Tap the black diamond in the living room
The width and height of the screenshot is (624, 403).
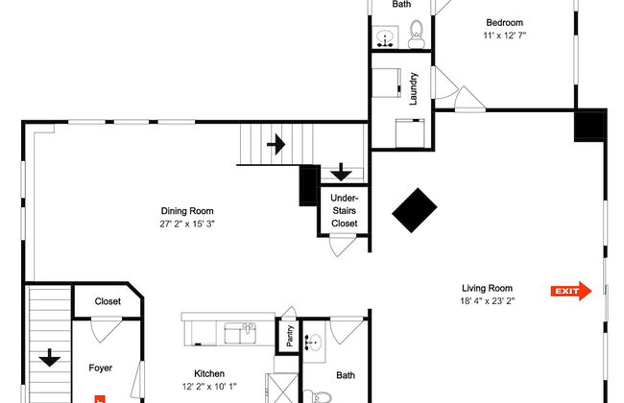coord(415,209)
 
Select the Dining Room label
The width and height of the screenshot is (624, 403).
coord(187,211)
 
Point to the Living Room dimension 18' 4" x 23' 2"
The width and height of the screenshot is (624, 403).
coord(487,300)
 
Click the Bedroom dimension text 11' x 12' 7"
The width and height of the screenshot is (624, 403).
coord(504,36)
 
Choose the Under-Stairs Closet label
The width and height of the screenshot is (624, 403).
coord(344,210)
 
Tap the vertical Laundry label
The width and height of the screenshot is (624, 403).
coord(414,89)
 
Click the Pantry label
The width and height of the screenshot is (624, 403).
coord(286,337)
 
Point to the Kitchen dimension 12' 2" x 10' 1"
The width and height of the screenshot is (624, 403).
coord(209,388)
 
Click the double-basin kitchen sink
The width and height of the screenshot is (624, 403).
coord(239,333)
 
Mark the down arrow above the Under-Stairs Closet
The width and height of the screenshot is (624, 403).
coord(341,173)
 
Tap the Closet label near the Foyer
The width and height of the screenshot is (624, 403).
coord(108,301)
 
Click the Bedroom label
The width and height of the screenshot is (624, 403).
coord(504,22)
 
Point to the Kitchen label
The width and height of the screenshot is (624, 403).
coord(209,374)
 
